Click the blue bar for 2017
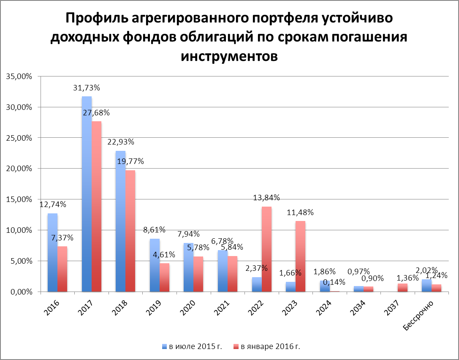click(87, 194)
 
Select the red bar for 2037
click(402, 288)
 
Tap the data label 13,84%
click(267, 198)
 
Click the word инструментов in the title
click(229, 56)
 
